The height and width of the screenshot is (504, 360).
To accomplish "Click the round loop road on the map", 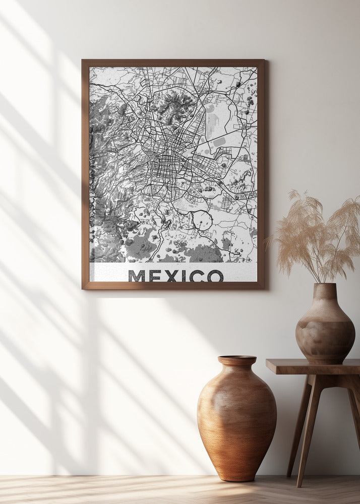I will click(202, 220).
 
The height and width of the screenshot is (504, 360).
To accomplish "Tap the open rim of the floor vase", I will click(237, 360).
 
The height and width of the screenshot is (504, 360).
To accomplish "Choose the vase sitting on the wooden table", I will click(325, 328).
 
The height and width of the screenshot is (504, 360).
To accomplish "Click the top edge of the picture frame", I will click(173, 63).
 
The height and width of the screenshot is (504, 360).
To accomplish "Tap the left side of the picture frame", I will click(85, 174).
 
